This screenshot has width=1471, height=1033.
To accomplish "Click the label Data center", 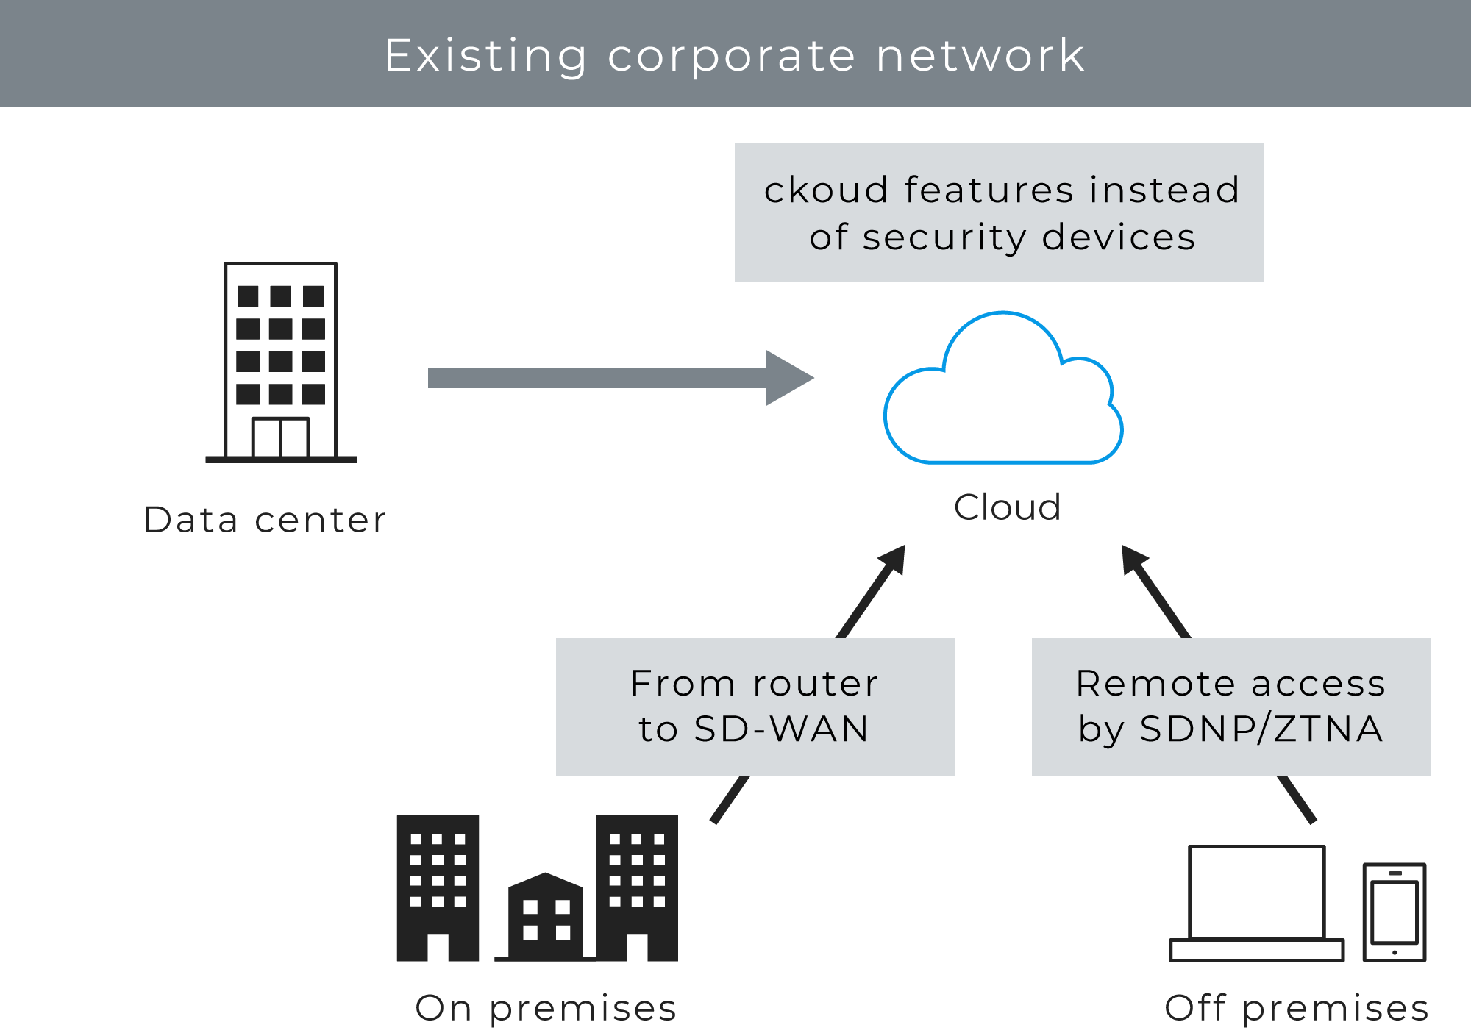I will point(265,520).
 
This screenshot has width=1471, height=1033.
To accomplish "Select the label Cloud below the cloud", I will point(1007,507).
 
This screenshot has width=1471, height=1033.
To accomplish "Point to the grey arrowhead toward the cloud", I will point(788,378).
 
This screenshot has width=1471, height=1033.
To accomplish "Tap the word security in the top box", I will point(944,237).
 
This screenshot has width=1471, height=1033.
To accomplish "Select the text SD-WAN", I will point(781,729).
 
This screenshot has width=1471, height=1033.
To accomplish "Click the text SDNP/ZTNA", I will point(1261,729).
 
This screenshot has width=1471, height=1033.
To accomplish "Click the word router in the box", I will point(816,683).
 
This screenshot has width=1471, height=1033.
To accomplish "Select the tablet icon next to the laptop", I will point(1394,912).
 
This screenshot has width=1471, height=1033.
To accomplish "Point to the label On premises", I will point(545,1007).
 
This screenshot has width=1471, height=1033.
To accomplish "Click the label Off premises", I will point(1296,1007).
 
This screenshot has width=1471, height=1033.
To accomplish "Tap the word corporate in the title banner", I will point(731,55).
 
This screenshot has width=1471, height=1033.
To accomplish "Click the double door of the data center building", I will point(280,437).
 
